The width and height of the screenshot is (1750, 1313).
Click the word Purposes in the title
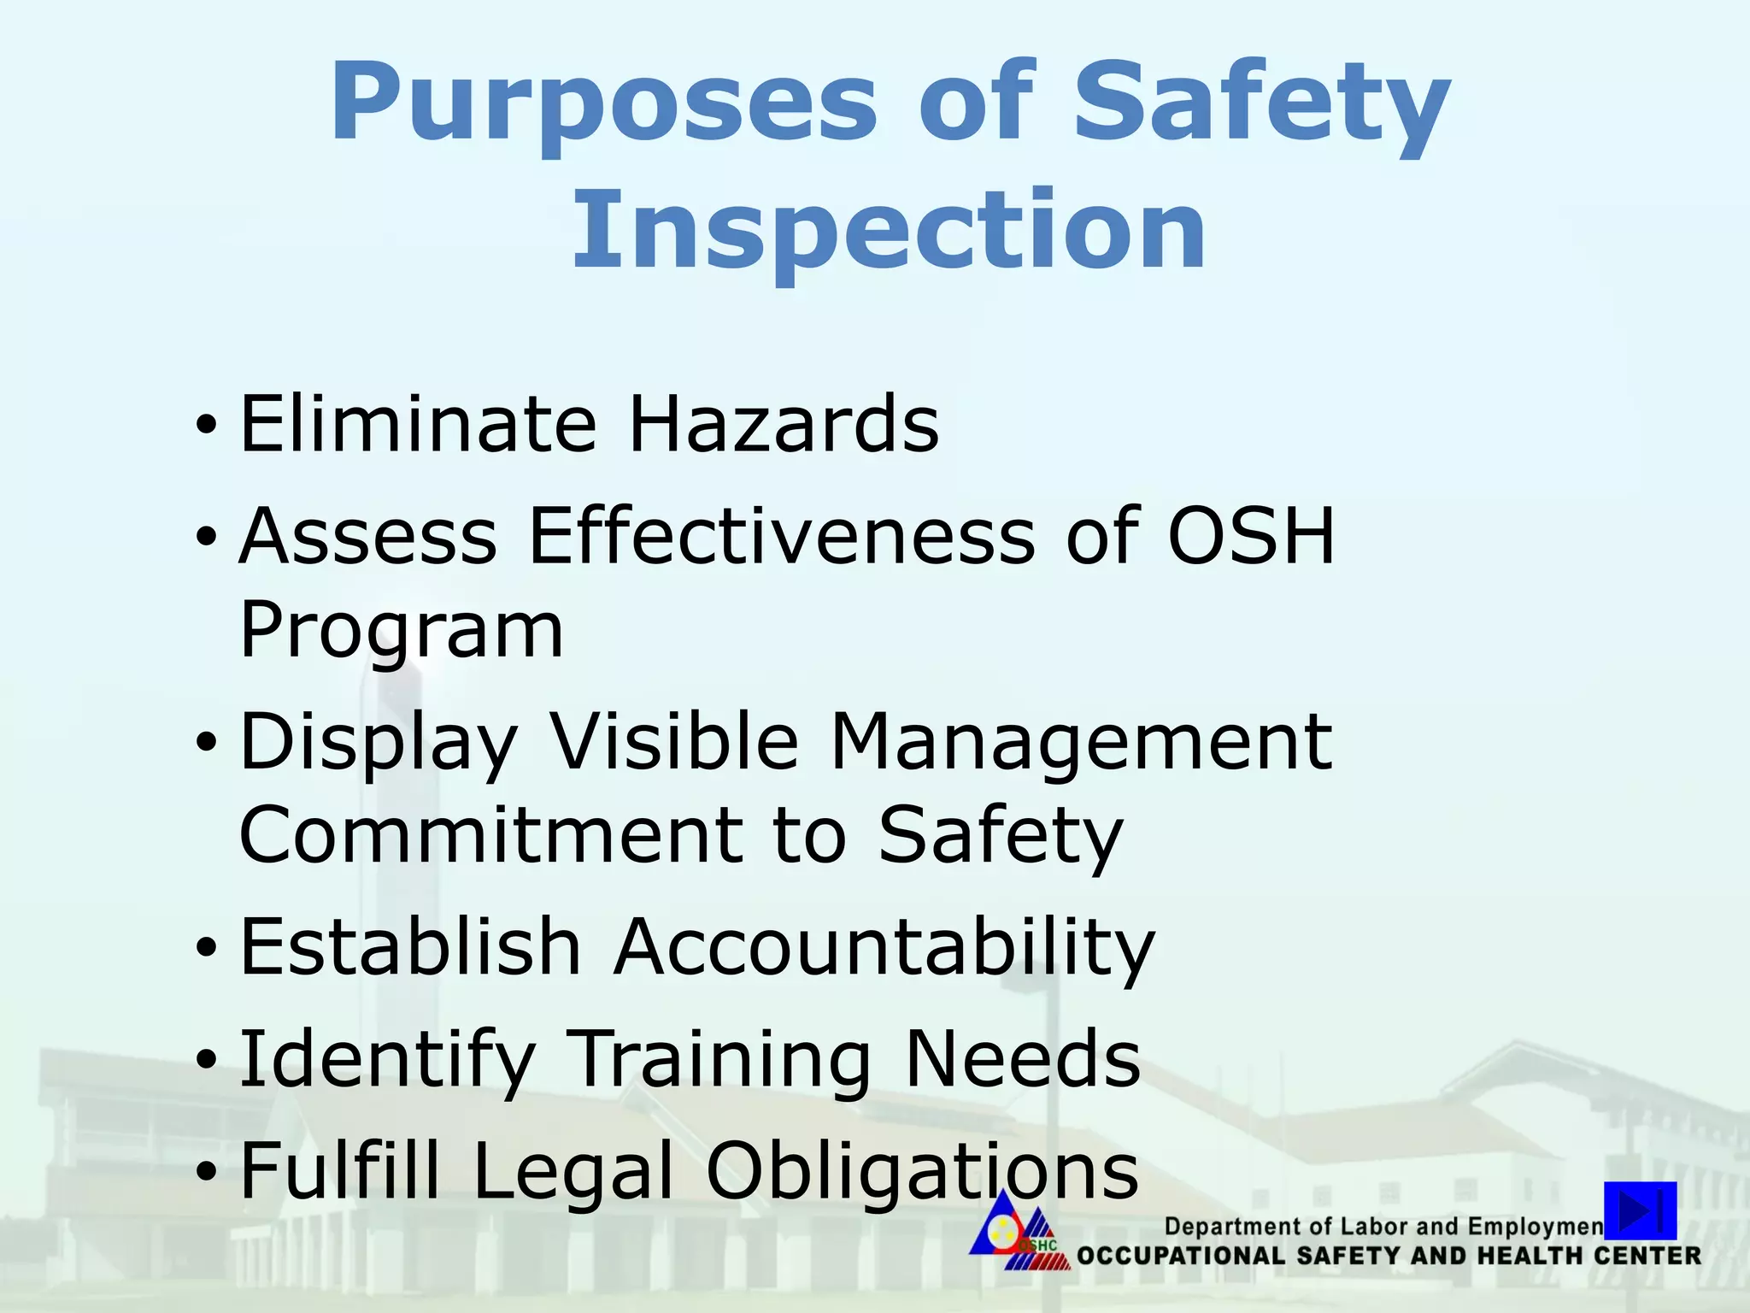(602, 104)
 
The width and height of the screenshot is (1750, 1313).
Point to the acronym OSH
(1251, 536)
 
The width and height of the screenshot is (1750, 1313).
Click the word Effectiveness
(782, 536)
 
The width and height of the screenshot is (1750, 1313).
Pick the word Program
(402, 633)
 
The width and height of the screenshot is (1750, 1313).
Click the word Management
(1081, 742)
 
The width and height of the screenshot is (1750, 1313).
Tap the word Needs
(1022, 1058)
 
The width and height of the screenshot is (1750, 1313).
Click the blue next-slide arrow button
(1640, 1210)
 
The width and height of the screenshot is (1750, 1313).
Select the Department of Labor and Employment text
(1383, 1227)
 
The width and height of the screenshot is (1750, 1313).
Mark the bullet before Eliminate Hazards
(206, 425)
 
